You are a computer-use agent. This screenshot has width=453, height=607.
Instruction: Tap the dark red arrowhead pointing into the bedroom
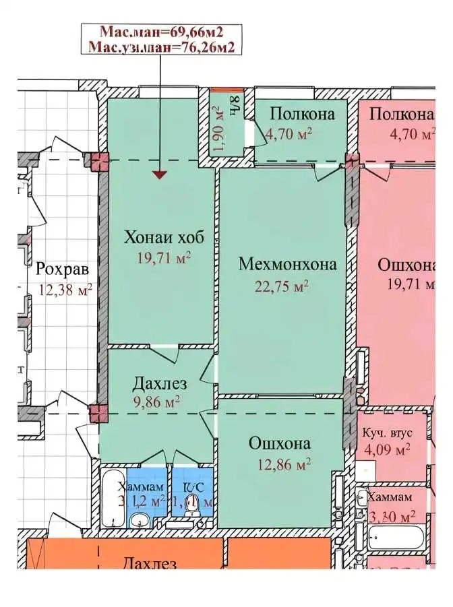tap(159, 175)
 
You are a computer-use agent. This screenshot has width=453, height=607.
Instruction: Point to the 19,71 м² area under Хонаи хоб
tap(164, 257)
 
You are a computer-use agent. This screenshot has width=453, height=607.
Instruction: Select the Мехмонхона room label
tap(287, 264)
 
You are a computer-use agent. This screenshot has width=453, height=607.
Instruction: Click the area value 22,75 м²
tap(282, 285)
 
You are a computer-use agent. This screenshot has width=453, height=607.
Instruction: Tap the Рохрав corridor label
tap(62, 270)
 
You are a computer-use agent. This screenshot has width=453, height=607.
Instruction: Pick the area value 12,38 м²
tap(64, 290)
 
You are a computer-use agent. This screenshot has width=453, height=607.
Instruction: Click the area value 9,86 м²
tap(156, 403)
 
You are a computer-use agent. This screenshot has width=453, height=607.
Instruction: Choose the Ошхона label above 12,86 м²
tap(280, 443)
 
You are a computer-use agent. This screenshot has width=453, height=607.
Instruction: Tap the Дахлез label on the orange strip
tap(150, 563)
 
